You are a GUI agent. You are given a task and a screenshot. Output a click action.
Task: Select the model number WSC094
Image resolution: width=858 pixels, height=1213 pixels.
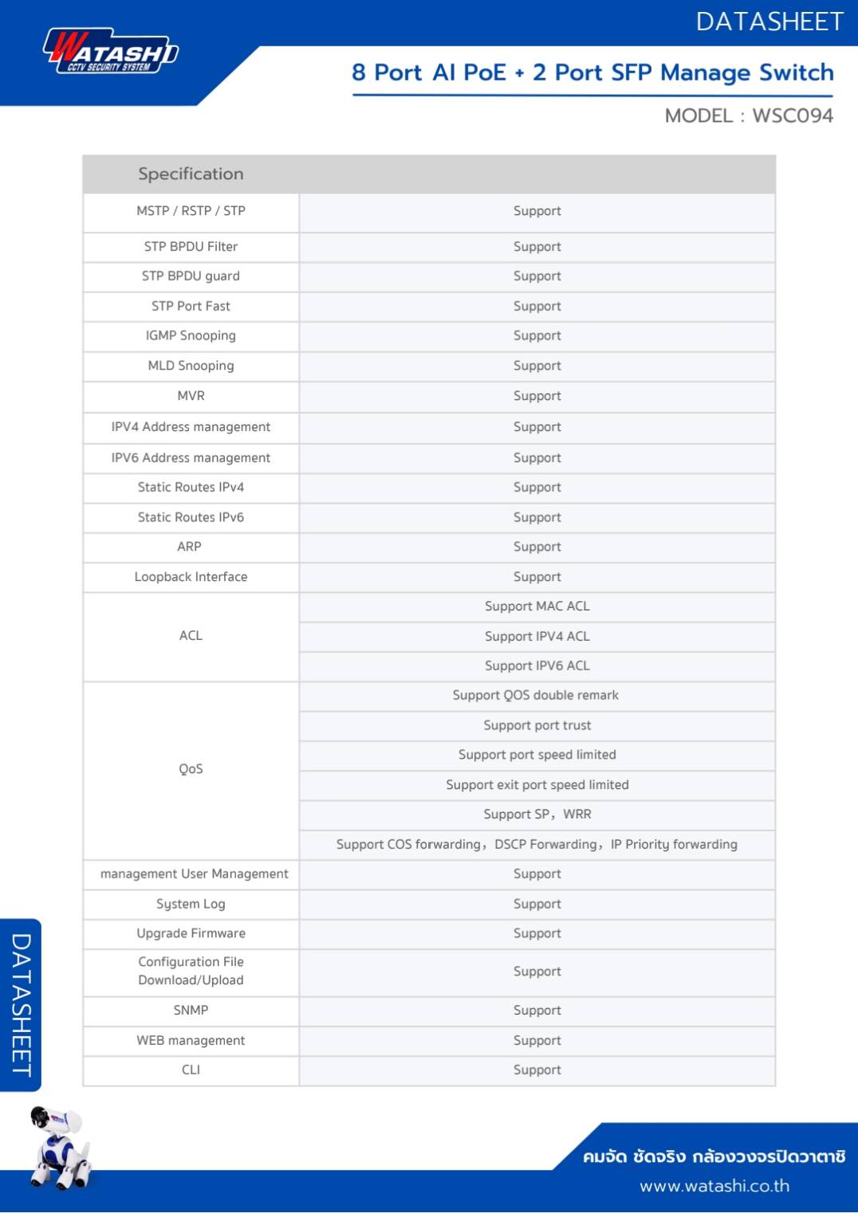coord(792,116)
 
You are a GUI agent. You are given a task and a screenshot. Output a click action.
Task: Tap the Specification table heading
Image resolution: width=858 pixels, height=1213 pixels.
coord(191,174)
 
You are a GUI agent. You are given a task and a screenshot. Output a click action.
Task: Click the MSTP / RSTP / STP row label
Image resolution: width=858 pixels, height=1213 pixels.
coord(191,211)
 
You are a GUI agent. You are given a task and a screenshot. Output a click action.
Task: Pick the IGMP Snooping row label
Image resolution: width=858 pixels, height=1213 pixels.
coord(191,336)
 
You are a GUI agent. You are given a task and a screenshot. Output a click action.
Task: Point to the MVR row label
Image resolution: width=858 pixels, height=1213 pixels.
coord(191,396)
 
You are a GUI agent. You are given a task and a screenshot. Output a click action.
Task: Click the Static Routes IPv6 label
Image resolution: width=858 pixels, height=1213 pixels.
coord(191,517)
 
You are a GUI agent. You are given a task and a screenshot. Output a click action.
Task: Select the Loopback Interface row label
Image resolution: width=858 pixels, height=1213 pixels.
coord(191,577)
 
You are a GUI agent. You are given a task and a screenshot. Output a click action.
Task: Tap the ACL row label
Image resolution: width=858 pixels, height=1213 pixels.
coord(191,636)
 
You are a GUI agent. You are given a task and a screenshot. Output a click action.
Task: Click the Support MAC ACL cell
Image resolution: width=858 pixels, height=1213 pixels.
coord(537,606)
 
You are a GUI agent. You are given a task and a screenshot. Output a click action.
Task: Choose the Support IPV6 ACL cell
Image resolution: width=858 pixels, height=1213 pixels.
coord(537,666)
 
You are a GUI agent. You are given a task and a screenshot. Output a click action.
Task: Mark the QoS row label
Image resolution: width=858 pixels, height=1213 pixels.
coord(191,769)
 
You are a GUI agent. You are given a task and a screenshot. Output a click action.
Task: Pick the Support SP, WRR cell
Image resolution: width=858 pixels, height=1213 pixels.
coord(537,815)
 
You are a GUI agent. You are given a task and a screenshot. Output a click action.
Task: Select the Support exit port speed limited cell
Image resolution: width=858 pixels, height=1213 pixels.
coord(537,785)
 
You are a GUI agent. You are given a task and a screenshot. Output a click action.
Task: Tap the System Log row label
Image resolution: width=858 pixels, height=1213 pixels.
coord(191,904)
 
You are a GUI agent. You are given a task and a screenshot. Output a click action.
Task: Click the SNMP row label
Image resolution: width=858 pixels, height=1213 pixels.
coord(191,1011)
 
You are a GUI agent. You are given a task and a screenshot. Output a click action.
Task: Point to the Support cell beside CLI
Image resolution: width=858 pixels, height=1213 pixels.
coord(537,1070)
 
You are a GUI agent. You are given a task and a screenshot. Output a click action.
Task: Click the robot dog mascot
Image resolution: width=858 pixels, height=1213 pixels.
coord(60,1148)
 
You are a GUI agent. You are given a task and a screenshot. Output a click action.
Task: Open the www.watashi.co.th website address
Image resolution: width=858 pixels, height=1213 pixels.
coord(714,1187)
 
